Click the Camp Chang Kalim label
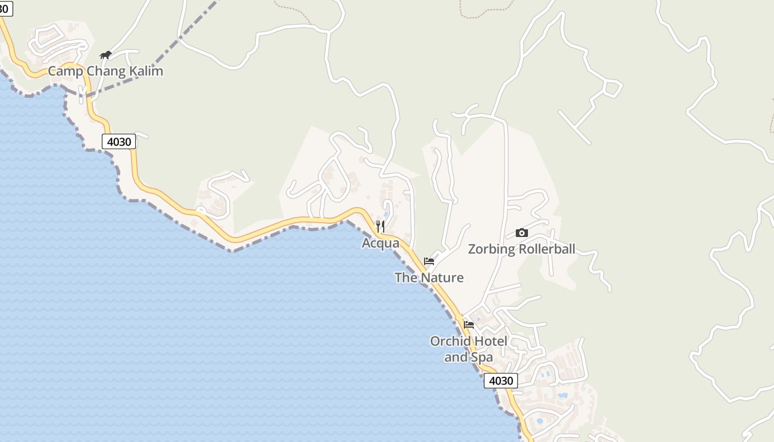tap(105, 71)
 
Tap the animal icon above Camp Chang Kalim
tap(105, 55)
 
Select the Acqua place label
tap(380, 243)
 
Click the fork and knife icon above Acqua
tap(380, 227)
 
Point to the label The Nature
tap(429, 277)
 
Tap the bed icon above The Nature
tap(429, 261)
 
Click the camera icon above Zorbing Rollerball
tap(521, 233)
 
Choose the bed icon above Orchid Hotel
tap(469, 325)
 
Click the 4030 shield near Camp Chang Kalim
tap(119, 142)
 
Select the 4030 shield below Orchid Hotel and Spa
tap(501, 381)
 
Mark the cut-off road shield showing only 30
tap(6, 8)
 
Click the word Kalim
tap(146, 71)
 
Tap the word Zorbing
tap(489, 249)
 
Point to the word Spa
tap(482, 357)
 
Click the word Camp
tap(65, 71)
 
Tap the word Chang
tap(106, 71)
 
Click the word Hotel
tap(490, 341)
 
